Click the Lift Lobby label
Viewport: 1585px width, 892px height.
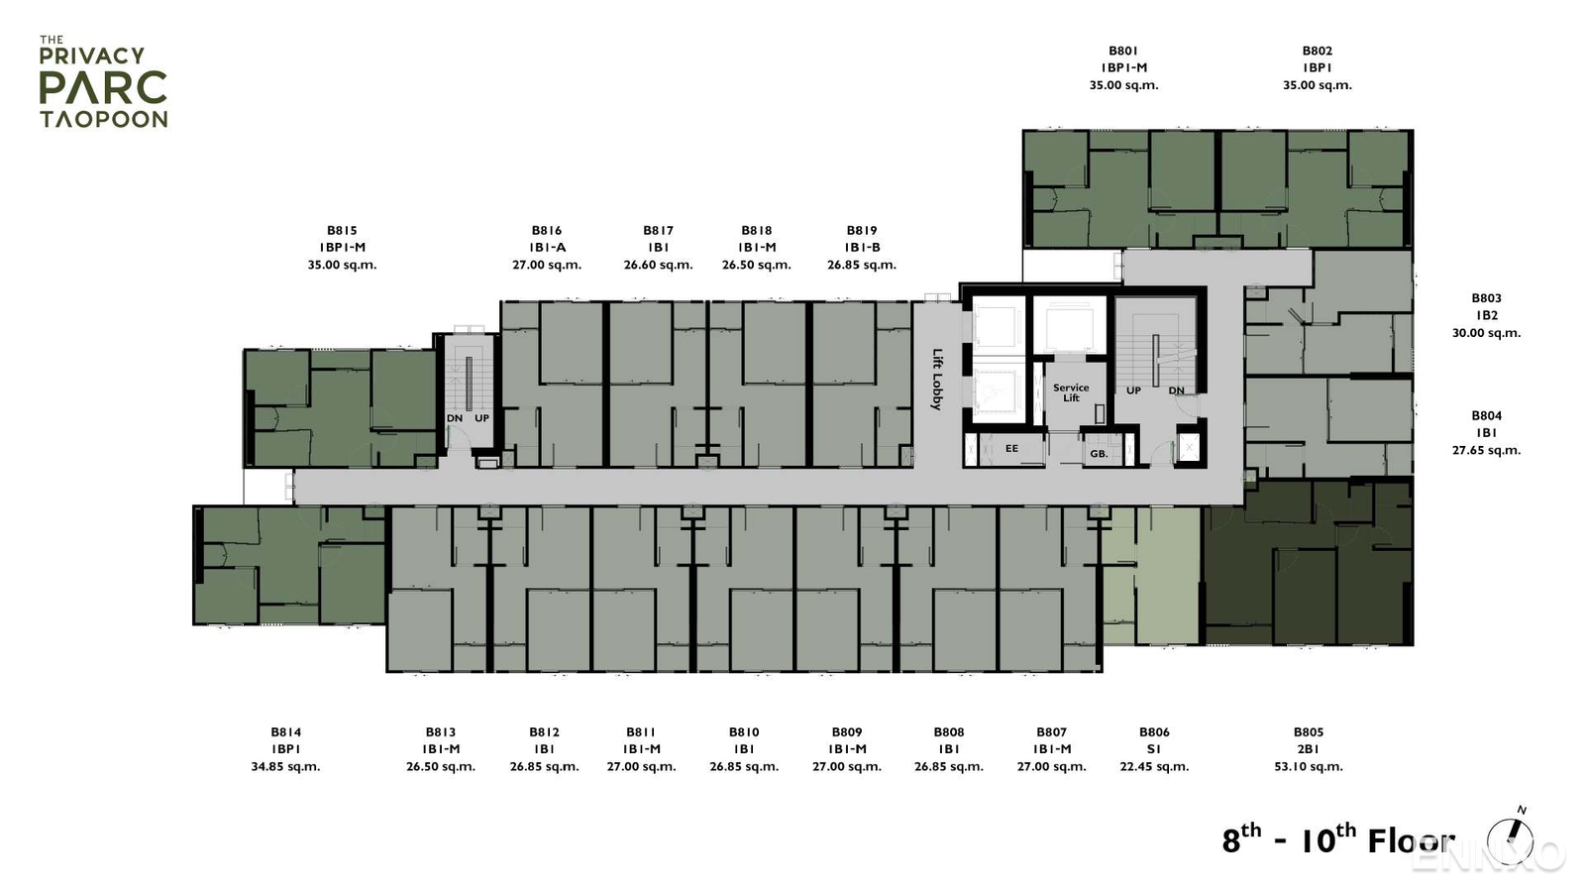pos(937,379)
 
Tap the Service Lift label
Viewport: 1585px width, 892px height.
pos(1071,392)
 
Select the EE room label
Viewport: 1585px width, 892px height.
pos(1011,449)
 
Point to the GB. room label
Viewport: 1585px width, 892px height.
pos(1099,454)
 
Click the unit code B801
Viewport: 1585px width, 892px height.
pos(1123,51)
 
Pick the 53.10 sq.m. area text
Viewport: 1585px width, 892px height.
pos(1309,766)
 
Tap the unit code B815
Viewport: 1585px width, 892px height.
pos(342,231)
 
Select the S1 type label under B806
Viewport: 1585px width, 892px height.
pos(1154,749)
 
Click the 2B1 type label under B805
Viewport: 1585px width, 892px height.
pos(1309,749)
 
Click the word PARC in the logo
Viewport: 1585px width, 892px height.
pos(103,88)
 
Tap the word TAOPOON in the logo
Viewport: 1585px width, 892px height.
pos(103,119)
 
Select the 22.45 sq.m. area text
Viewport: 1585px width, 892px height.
pos(1154,766)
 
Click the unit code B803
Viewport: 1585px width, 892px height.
pos(1486,298)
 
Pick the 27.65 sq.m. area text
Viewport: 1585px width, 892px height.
pos(1486,450)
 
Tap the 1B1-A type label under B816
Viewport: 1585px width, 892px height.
pos(547,248)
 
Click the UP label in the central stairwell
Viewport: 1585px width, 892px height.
pos(1133,390)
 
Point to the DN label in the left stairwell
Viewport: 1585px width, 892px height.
pos(455,418)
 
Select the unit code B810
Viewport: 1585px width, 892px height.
pos(744,732)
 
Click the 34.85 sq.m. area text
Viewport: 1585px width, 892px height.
pos(285,766)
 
